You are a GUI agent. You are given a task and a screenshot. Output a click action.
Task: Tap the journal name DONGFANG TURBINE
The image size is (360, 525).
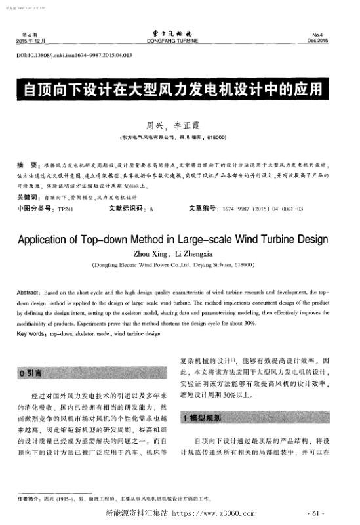tap(179, 41)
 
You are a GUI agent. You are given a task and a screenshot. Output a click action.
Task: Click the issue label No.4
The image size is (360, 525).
tap(333, 34)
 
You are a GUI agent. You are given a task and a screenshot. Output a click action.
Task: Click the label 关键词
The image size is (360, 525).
tap(28, 197)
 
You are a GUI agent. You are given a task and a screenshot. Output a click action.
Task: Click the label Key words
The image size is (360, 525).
tap(31, 333)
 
